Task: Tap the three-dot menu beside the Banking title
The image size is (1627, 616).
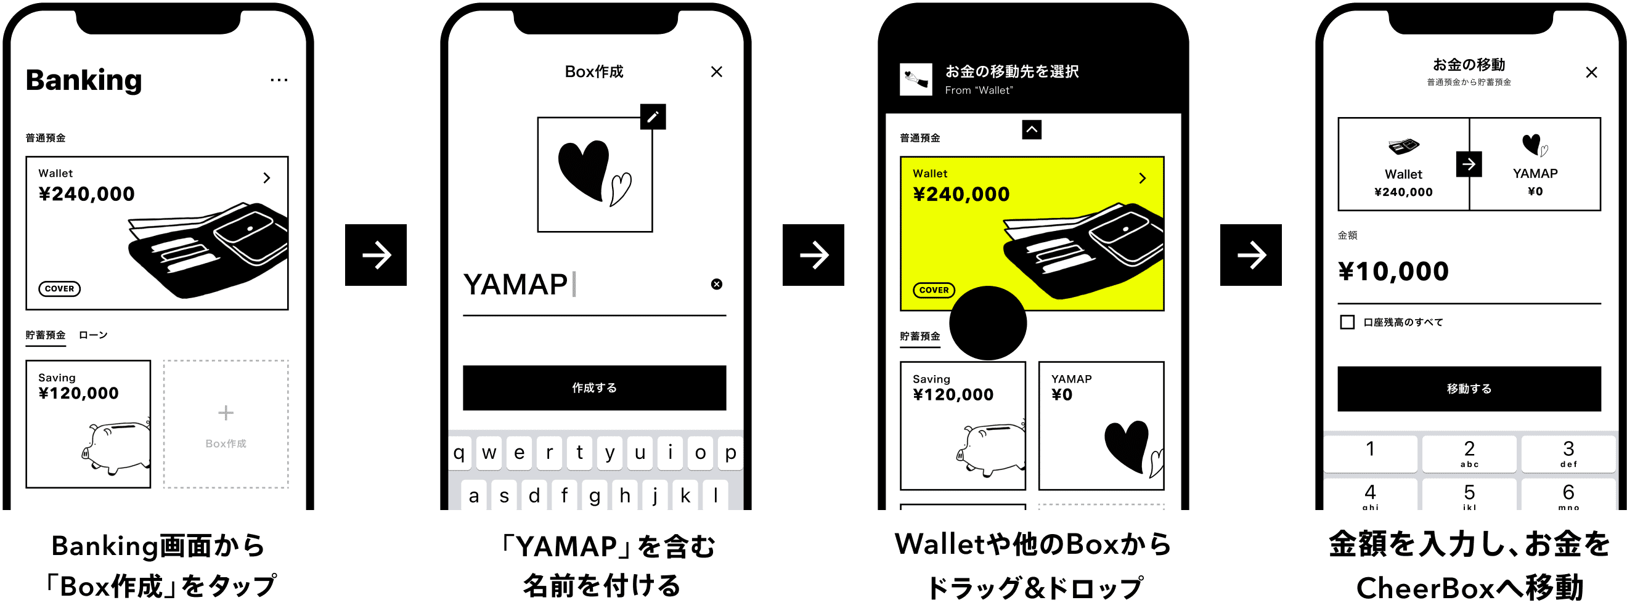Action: tap(279, 80)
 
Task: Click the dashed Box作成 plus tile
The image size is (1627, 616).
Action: tap(226, 424)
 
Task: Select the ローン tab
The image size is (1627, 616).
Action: tap(93, 335)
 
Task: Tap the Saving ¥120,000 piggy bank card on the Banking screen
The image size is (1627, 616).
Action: tap(88, 424)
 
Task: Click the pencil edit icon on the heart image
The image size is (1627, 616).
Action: tap(653, 117)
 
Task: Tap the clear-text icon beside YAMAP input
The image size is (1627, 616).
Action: tap(716, 285)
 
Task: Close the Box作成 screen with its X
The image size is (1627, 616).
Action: tap(716, 72)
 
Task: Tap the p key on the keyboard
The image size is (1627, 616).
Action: tap(730, 453)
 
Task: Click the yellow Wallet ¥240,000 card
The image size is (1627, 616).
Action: tap(1032, 233)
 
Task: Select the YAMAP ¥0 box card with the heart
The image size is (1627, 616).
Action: tap(1101, 426)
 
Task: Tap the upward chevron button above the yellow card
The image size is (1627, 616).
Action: tap(1032, 130)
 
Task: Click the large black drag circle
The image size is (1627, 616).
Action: tap(988, 323)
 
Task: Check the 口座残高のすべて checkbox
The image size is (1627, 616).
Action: tap(1347, 323)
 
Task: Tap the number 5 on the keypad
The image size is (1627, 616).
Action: tap(1469, 494)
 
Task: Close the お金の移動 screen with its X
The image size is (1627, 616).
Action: tap(1591, 73)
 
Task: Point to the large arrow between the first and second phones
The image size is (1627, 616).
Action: tap(376, 256)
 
